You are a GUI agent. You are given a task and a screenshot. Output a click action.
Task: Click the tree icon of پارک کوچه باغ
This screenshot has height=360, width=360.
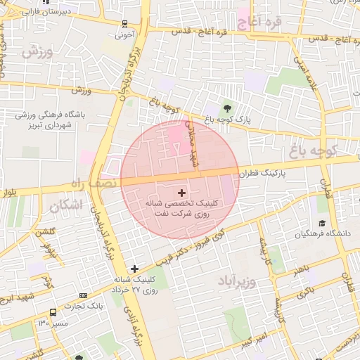(227, 108)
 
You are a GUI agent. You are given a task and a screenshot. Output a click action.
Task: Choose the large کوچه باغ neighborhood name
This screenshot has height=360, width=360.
(323, 149)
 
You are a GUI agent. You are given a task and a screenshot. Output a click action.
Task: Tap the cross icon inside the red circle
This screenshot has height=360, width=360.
(181, 192)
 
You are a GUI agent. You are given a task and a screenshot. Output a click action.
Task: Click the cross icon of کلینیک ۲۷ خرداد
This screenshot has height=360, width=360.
(134, 268)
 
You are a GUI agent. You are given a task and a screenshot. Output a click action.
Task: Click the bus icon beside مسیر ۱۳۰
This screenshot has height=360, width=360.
(53, 312)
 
